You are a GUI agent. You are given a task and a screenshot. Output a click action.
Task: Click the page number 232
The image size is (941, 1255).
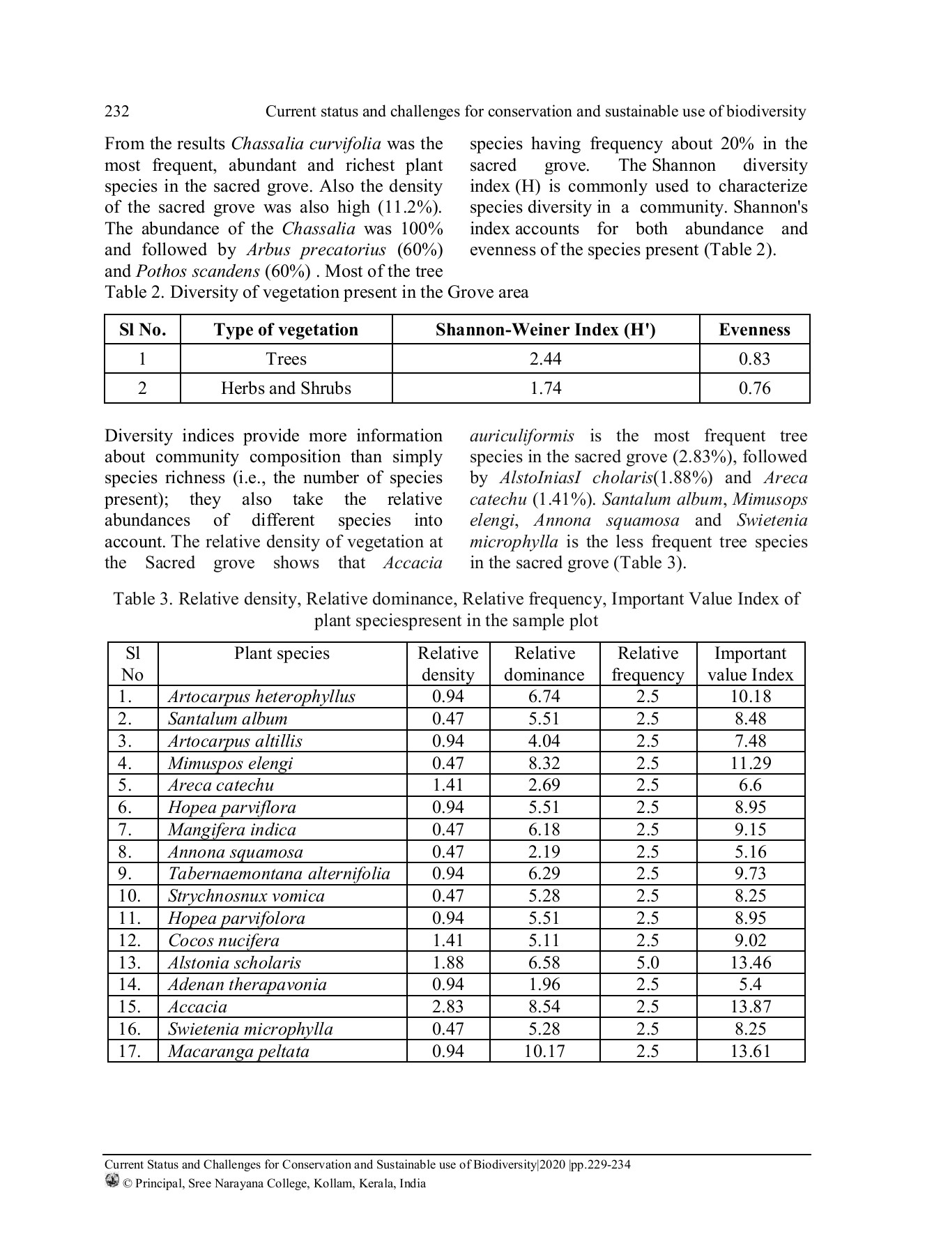pos(117,112)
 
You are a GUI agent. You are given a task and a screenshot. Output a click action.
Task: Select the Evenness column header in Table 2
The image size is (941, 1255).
pos(754,330)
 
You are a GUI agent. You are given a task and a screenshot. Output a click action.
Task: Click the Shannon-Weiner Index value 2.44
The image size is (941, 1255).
pos(545,359)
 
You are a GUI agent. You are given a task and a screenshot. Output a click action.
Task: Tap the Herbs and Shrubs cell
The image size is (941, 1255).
pos(286,388)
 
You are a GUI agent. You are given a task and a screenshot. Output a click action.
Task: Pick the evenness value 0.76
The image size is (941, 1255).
pos(754,388)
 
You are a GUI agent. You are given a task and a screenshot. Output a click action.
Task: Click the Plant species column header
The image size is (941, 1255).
pos(282,654)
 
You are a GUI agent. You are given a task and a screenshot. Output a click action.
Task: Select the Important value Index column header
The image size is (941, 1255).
pos(750,664)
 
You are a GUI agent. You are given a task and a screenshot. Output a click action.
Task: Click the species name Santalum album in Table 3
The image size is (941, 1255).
pos(227,719)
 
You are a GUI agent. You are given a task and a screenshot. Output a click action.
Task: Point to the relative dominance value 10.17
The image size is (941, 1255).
pos(544,1051)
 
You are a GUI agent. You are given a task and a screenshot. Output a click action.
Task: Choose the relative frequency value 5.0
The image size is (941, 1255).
pos(648,963)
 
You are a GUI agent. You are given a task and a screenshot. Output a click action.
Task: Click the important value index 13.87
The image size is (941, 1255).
pos(750,1007)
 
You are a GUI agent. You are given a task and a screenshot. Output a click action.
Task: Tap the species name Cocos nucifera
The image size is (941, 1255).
pos(223,941)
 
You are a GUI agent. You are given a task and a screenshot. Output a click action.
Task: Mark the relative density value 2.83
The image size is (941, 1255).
pos(447,1007)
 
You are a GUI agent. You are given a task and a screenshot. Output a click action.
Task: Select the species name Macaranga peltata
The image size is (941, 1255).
pos(238,1051)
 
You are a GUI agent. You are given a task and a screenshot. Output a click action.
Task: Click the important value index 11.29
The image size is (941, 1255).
pos(750,763)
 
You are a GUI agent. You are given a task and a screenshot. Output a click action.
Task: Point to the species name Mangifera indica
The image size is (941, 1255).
pos(231,830)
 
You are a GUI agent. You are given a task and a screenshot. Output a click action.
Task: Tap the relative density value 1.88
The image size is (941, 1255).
pos(447,963)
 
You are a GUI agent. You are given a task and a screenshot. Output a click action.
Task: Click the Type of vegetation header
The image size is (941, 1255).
pos(286,330)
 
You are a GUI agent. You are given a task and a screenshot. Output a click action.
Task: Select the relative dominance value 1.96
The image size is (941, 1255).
pos(544,984)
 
